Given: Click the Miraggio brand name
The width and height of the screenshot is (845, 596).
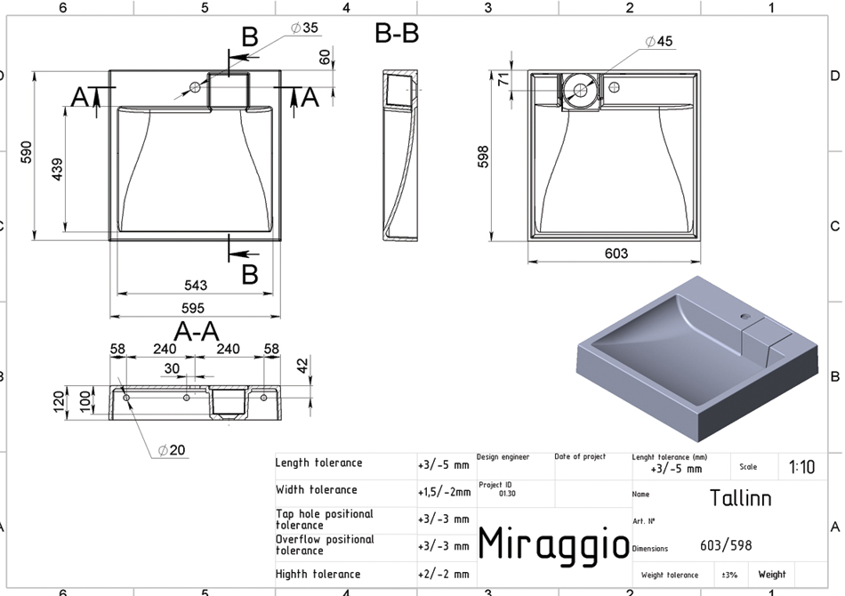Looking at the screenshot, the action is coord(553,544).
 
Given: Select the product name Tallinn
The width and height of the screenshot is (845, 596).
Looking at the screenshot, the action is coord(740,498).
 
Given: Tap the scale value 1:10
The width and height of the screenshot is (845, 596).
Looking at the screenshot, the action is coord(802,467).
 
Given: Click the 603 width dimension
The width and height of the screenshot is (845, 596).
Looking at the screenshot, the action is coord(616,254).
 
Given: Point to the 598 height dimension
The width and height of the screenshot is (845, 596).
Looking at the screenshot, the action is coord(483,157).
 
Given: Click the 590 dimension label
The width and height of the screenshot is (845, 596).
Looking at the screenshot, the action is coord(26,152).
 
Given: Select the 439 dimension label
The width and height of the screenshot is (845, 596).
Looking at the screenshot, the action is coord(57,169).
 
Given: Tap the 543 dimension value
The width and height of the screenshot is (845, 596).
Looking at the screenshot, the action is coord(195,285).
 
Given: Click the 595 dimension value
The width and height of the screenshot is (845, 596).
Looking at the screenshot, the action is coord(193,309).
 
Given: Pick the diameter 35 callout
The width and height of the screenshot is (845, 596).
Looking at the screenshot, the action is coord(304,28).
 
